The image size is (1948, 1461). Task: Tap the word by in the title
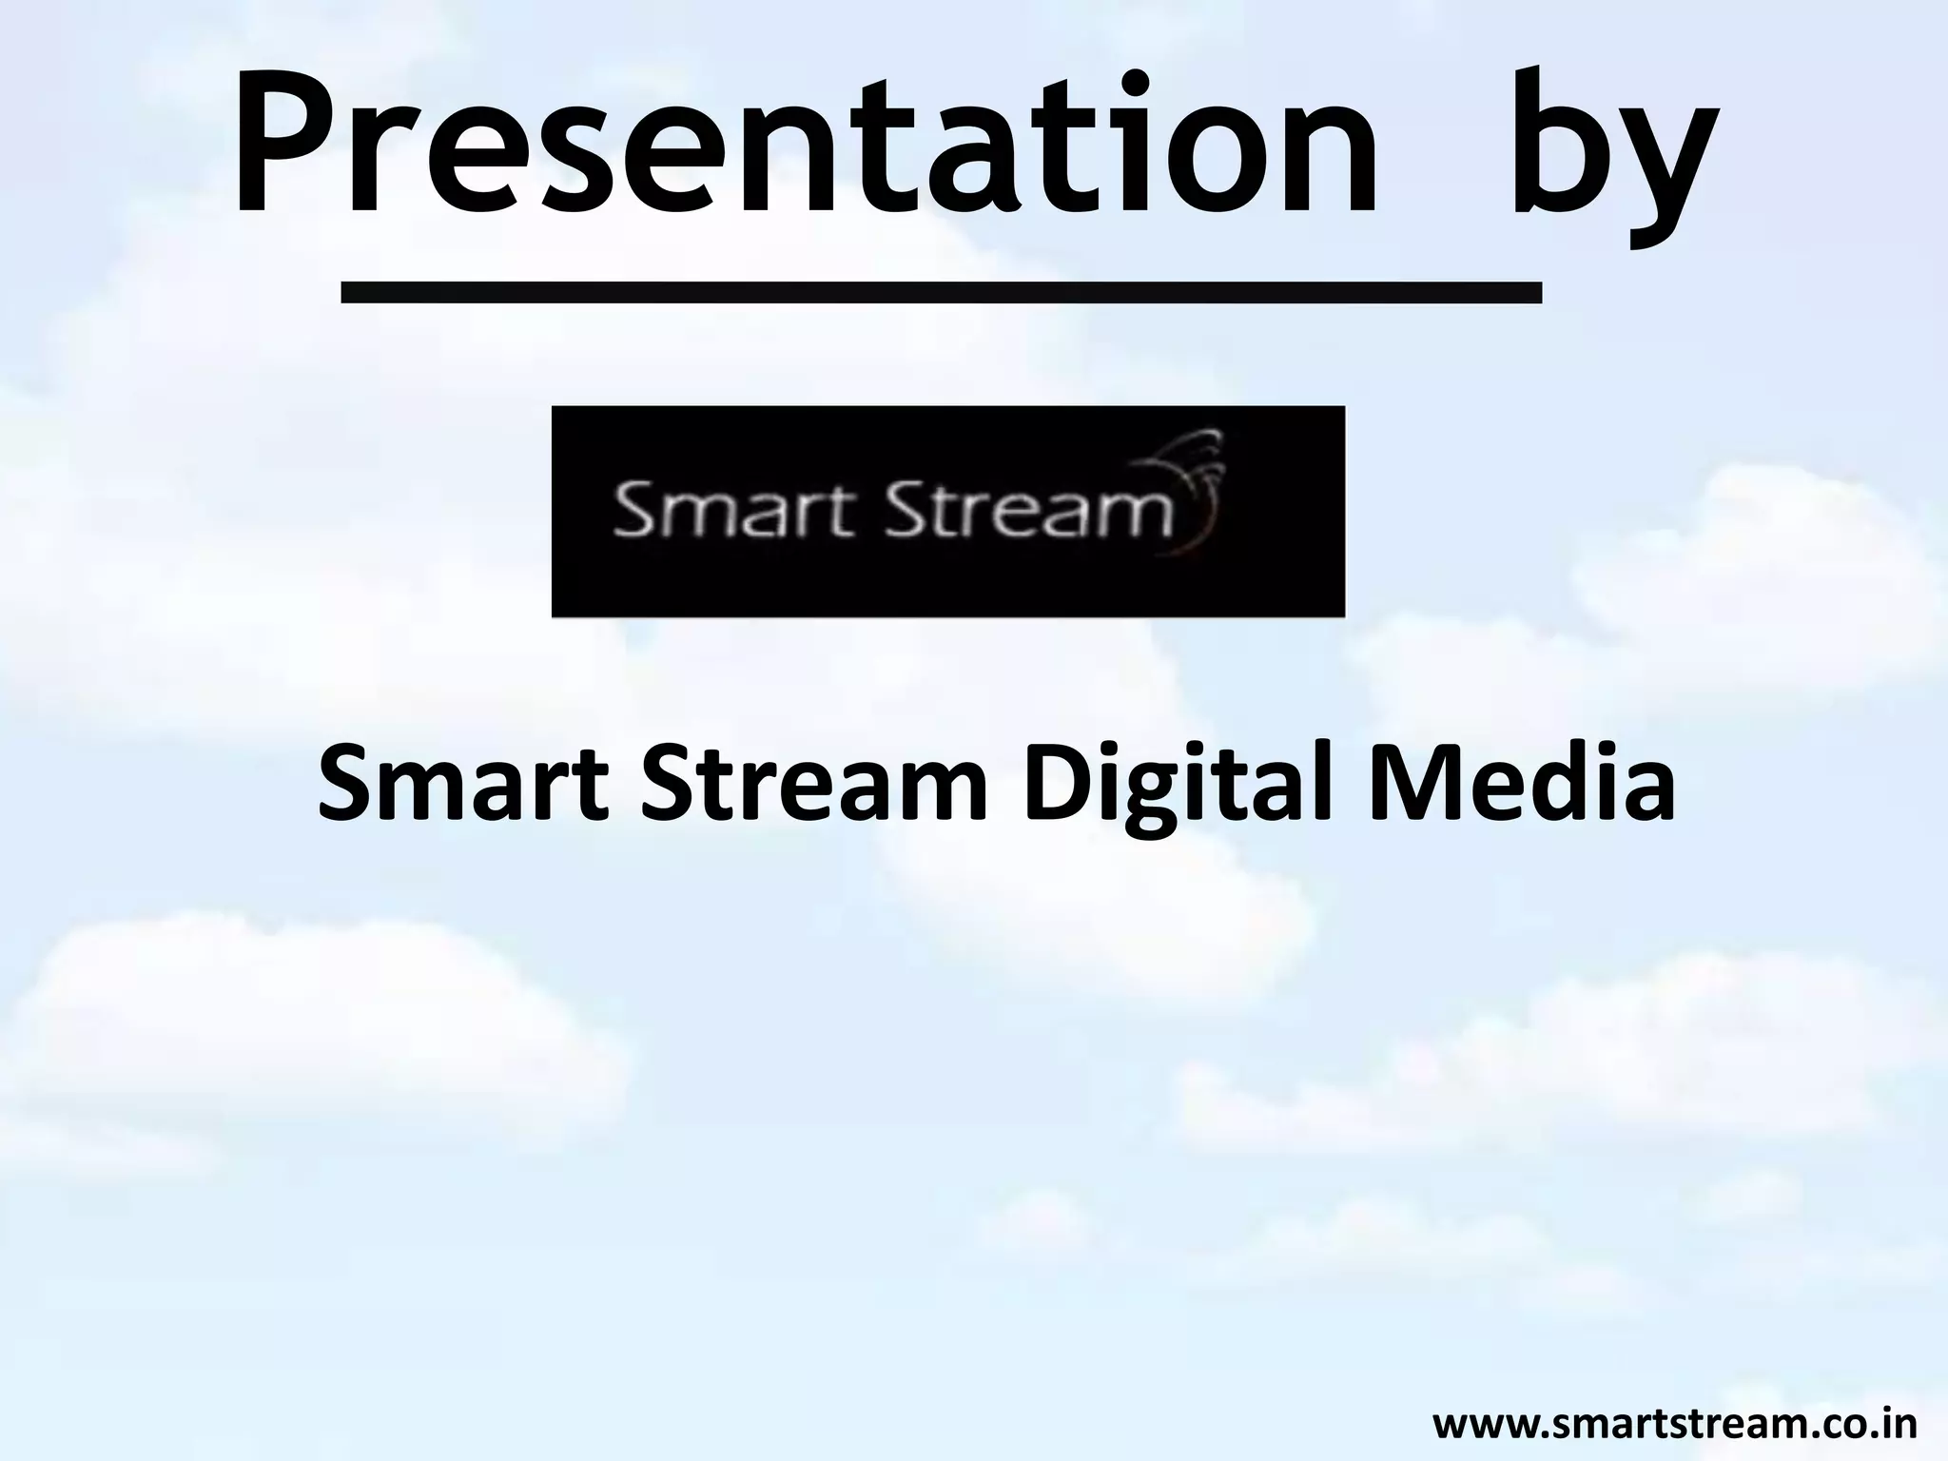point(1607,152)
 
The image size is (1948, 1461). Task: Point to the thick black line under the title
point(941,291)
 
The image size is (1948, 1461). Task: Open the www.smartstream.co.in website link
point(1674,1425)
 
